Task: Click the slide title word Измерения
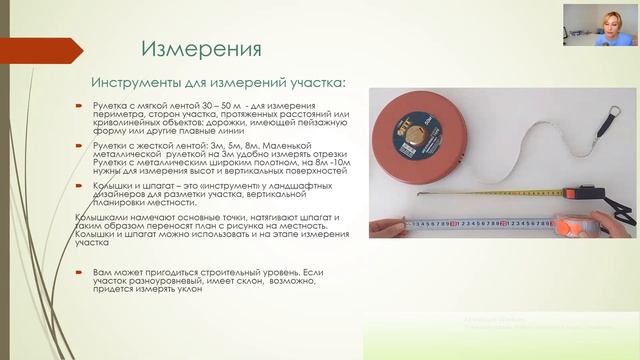coord(201,49)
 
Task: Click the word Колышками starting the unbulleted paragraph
coord(104,217)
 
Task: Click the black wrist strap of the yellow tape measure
coord(621,212)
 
